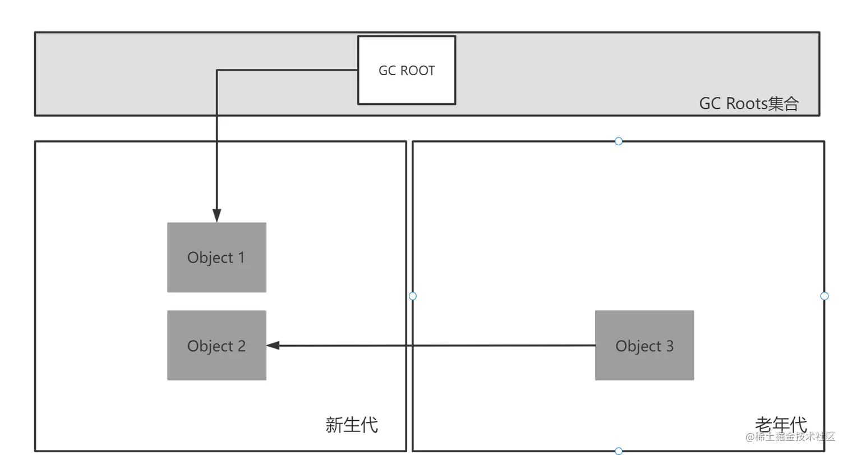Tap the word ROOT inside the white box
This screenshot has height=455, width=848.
418,71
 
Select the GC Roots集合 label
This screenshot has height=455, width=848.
748,104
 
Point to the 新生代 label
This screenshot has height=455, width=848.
352,425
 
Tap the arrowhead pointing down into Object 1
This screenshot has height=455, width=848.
216,215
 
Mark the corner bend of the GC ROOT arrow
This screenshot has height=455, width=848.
217,70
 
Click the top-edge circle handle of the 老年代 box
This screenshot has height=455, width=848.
619,141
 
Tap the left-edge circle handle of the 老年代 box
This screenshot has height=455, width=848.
413,296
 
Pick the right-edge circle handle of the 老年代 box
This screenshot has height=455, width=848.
824,296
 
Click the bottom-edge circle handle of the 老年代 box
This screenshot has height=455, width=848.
619,451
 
